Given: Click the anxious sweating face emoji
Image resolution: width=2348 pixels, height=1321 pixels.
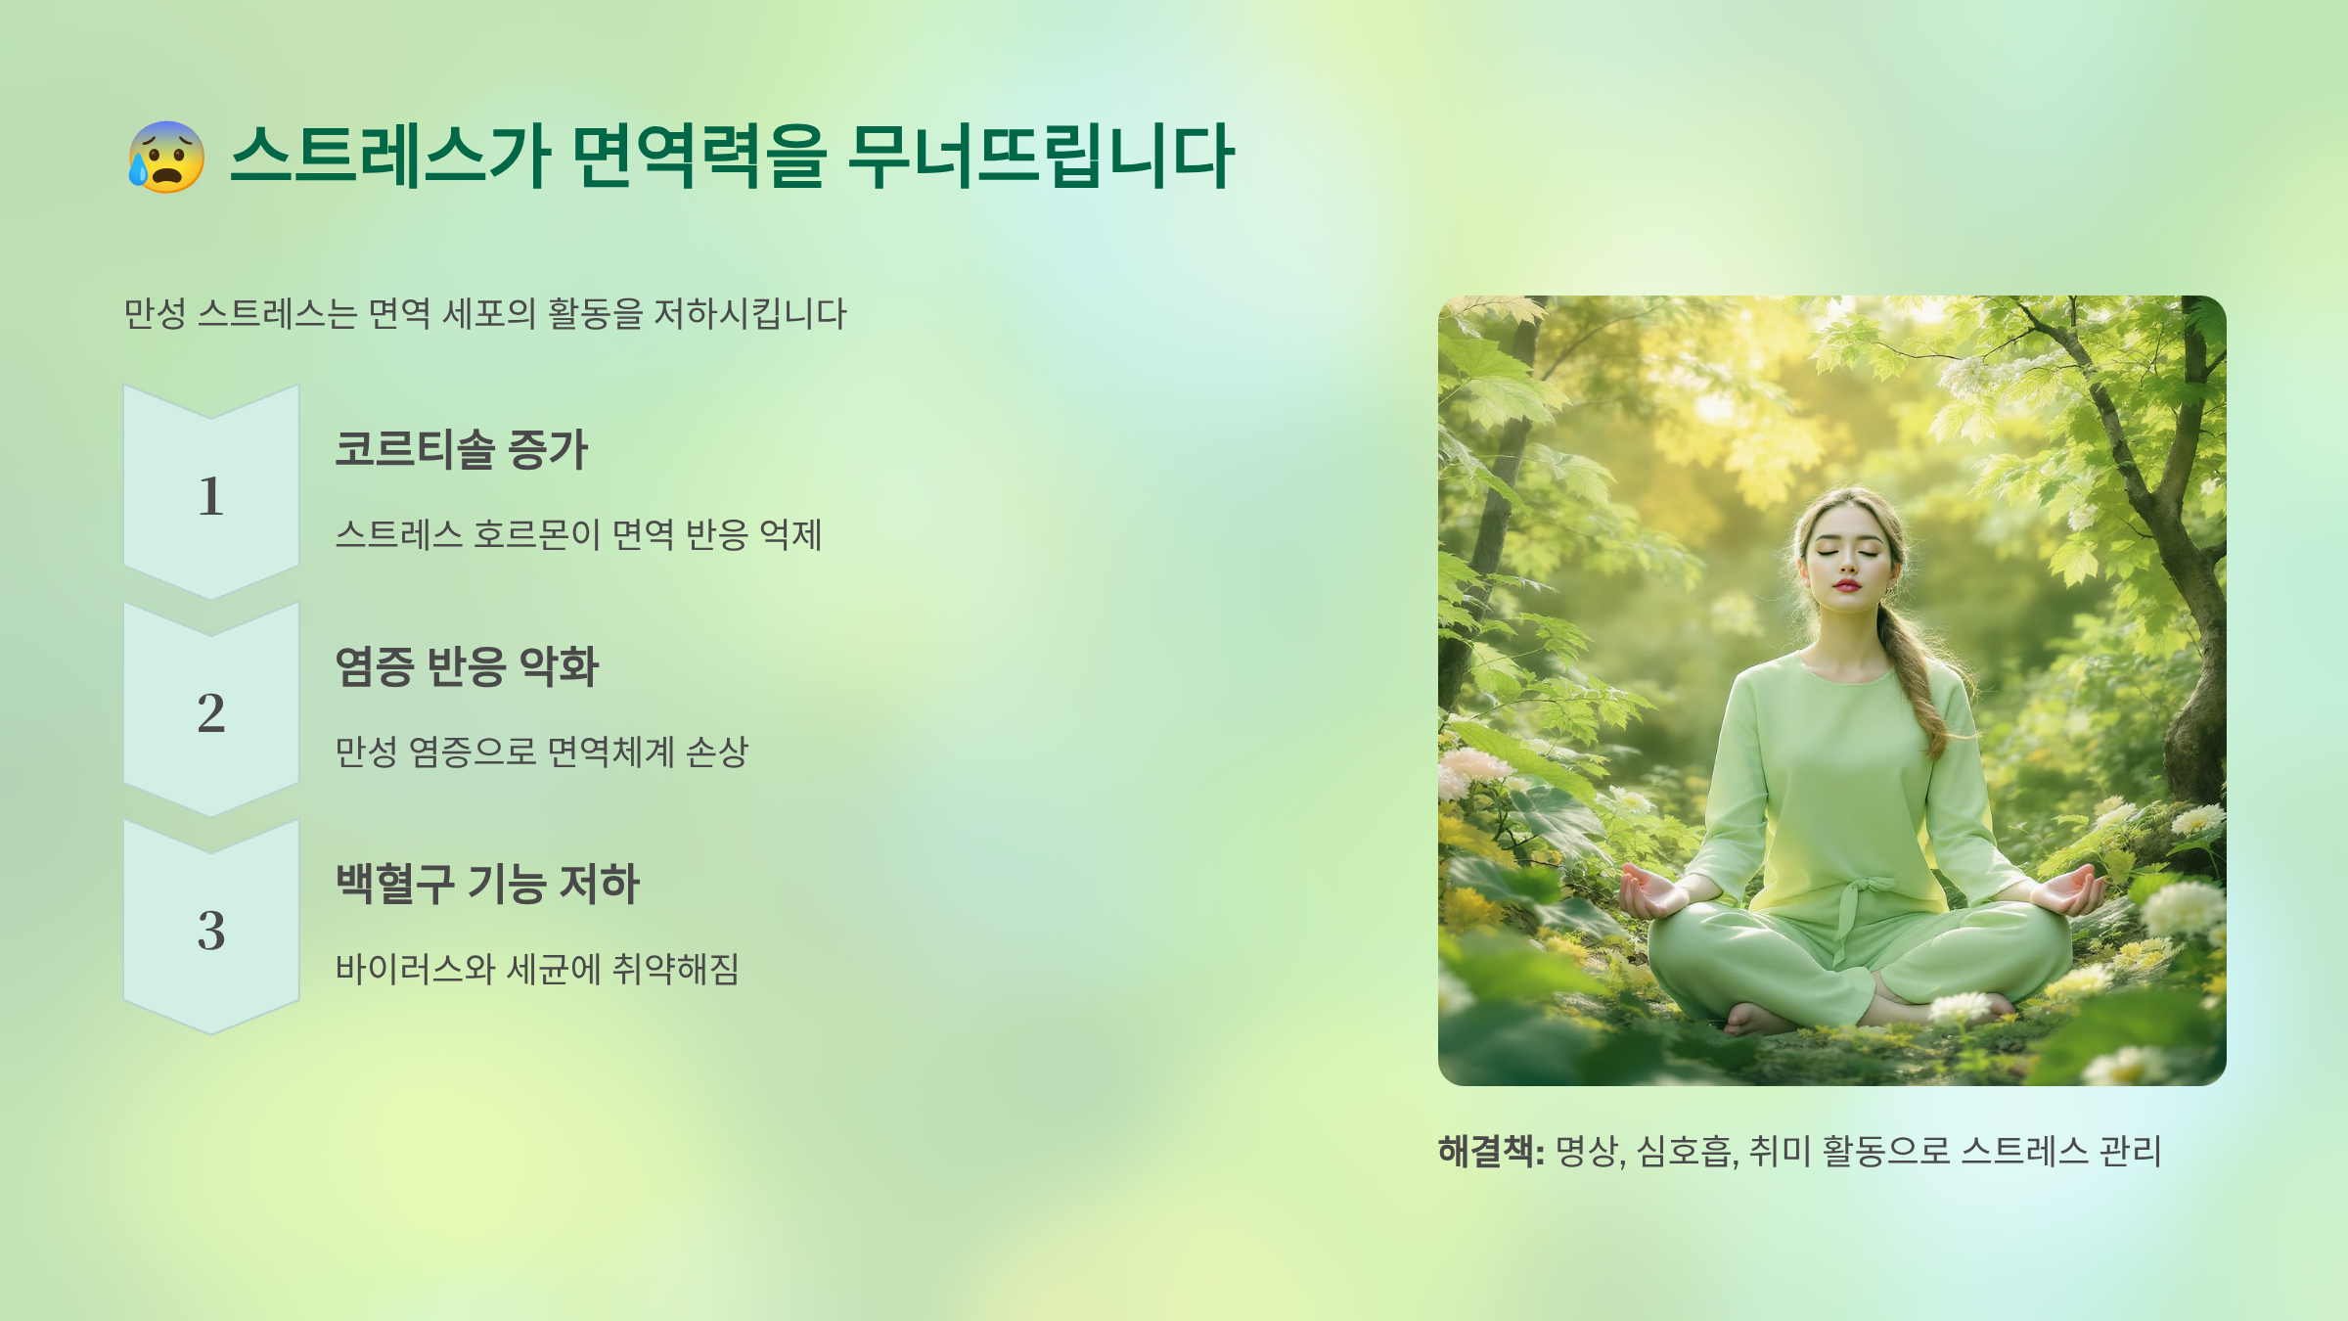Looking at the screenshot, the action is [x=166, y=157].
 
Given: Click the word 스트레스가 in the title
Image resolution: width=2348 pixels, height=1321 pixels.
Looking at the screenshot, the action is [x=390, y=157].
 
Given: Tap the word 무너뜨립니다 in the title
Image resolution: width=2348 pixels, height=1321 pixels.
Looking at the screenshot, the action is [x=1041, y=157].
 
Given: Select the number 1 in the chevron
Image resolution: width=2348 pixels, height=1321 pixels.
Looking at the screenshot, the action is [x=210, y=496].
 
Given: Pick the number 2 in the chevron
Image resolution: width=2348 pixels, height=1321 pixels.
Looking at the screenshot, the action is [x=210, y=712].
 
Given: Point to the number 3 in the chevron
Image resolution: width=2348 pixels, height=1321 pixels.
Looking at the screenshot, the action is [x=210, y=931].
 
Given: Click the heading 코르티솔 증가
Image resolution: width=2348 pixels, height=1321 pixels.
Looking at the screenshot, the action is [x=461, y=449].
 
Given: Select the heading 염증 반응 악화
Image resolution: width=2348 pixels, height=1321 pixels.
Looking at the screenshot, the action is [x=467, y=666].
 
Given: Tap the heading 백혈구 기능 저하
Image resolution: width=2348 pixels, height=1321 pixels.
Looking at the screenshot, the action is [x=486, y=884].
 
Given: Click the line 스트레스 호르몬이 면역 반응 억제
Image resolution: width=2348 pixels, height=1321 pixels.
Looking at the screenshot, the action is [x=578, y=534].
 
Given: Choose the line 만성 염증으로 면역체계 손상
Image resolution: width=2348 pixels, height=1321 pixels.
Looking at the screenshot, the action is [x=541, y=752].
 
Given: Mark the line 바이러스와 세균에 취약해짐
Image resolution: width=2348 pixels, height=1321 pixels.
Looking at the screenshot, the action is [x=537, y=969].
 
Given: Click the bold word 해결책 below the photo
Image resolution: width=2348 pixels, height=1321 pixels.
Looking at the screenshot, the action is [x=1485, y=1151].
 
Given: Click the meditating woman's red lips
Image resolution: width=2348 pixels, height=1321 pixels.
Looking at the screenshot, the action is [x=1846, y=585].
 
